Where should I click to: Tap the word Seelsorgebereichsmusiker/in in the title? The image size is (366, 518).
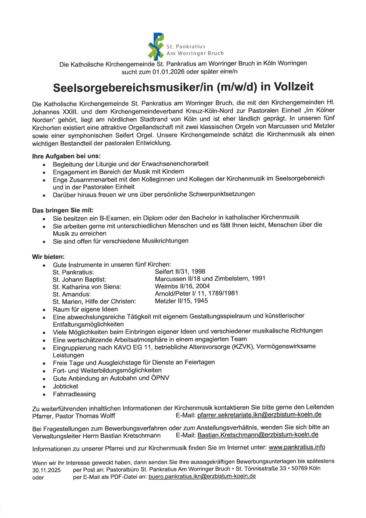(133, 87)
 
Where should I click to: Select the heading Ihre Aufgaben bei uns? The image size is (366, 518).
(66, 156)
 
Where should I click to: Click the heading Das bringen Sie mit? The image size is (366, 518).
(63, 210)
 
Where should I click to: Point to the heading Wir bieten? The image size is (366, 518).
(48, 257)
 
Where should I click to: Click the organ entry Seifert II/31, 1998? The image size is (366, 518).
(180, 271)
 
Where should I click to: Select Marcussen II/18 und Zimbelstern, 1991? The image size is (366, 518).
(210, 278)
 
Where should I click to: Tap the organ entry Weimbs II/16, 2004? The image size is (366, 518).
(182, 286)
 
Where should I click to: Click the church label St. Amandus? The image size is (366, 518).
(72, 294)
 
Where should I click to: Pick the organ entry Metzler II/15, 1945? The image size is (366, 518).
(181, 301)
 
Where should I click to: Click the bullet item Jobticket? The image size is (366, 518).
(65, 386)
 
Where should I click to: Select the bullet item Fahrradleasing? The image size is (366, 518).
(74, 394)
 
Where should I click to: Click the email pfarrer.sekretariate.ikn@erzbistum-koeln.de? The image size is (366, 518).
(259, 415)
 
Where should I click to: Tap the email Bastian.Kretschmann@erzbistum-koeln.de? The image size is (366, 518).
(258, 435)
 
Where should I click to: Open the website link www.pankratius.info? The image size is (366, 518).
(296, 447)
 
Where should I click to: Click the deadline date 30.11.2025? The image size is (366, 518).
(46, 470)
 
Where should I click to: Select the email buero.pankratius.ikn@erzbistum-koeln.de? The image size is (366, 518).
(202, 476)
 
